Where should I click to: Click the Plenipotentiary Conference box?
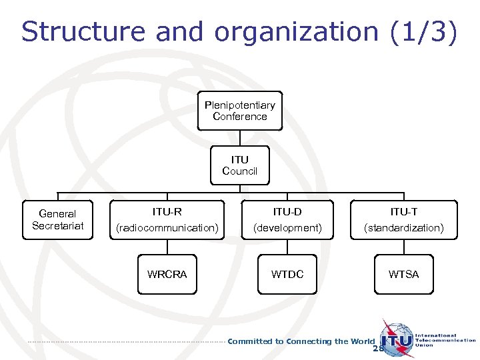point(240,111)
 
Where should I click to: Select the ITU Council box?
point(240,165)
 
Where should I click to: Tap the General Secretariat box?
point(58,219)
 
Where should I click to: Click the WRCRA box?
point(167,274)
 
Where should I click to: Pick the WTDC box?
point(287,274)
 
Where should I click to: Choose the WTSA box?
point(404,274)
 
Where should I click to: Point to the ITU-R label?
point(167,212)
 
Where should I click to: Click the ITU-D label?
point(287,212)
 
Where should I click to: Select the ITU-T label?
point(404,212)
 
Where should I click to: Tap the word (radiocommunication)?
point(167,228)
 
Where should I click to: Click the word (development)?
point(287,228)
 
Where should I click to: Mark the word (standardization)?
point(404,228)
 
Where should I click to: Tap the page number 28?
point(379,349)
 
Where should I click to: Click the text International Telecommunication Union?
point(445,341)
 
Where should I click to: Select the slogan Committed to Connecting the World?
point(301,341)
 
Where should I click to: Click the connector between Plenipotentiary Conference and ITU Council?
point(240,137)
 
